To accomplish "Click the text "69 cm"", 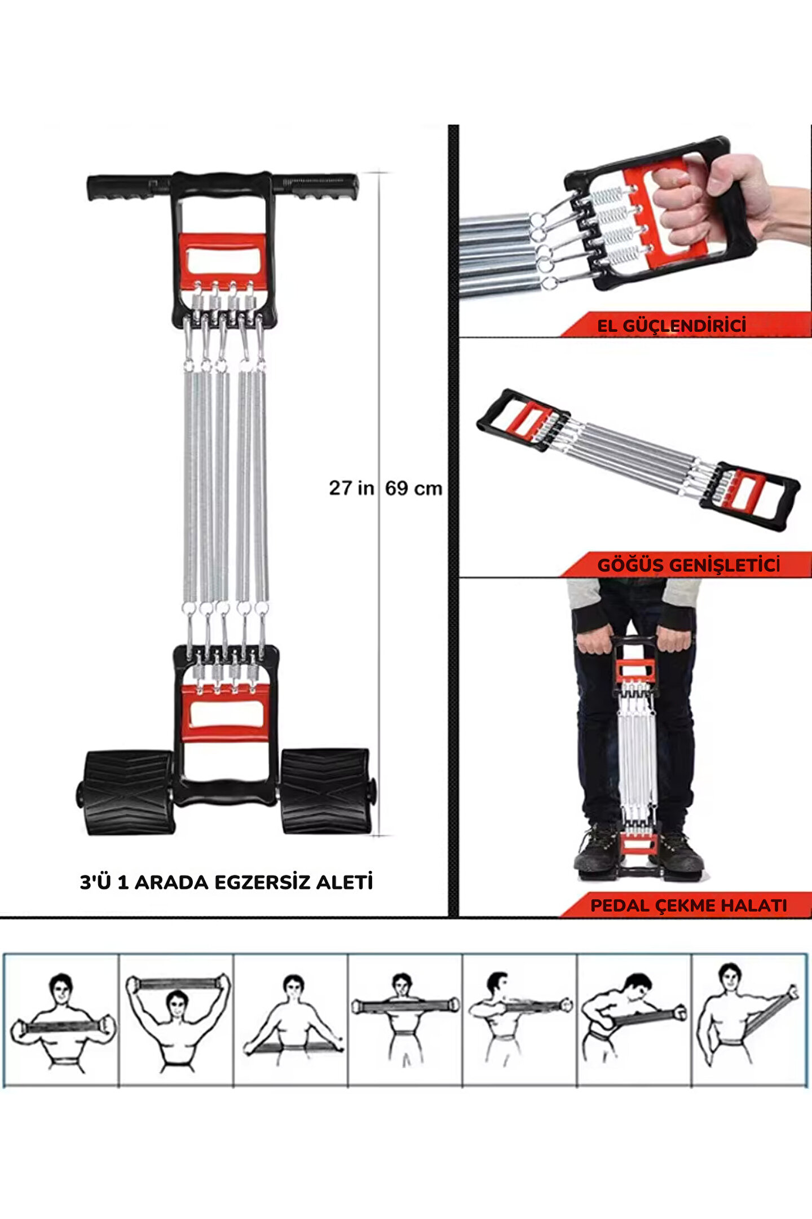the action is click(414, 488).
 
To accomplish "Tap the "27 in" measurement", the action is click(351, 488).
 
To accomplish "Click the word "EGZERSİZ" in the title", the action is click(254, 882).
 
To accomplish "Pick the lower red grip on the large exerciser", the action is click(226, 713).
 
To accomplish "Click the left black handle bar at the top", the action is click(130, 187).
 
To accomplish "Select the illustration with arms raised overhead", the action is click(177, 1021).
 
